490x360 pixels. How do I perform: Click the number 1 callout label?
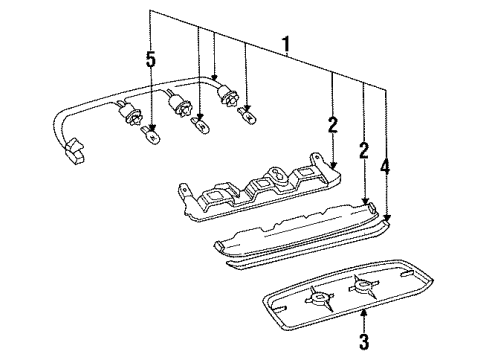point(286,46)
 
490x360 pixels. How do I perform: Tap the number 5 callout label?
point(151,60)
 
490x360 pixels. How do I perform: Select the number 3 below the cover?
point(364,341)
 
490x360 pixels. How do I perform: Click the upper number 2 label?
point(332,125)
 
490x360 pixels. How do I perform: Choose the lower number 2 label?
point(364,150)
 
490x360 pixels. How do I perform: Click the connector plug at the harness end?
point(74,151)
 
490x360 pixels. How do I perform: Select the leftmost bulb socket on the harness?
point(129,113)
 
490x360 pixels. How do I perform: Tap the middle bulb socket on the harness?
point(178,102)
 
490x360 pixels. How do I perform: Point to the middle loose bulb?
point(200,125)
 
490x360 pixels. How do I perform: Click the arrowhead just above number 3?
point(364,312)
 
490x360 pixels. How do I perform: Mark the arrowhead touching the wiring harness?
point(214,77)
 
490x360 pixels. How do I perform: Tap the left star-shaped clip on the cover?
point(320,297)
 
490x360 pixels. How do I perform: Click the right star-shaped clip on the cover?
point(363,286)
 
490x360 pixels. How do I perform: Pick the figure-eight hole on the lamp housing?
point(277,174)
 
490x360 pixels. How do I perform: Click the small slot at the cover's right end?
point(407,273)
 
